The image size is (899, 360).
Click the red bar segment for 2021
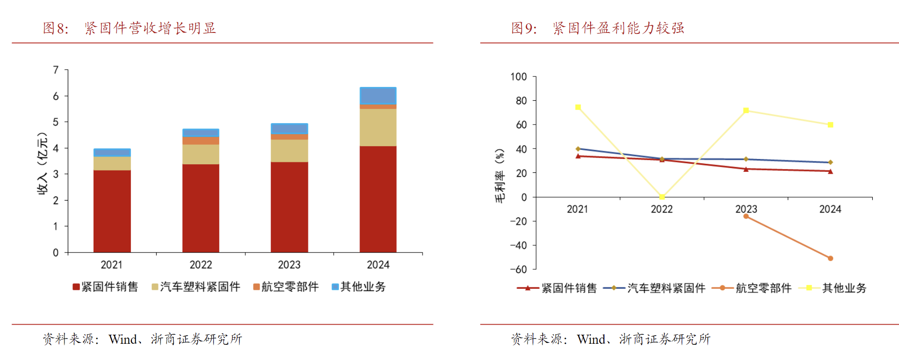(x=112, y=211)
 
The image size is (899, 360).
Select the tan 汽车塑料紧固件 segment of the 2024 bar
(x=378, y=127)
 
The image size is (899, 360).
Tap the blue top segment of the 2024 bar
(x=378, y=96)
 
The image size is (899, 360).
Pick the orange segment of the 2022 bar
(x=201, y=141)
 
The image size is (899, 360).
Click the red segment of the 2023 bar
(x=289, y=207)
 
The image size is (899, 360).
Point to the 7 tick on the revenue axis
(x=56, y=70)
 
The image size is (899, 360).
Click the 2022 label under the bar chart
(x=201, y=265)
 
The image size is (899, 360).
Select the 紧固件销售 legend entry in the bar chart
(x=105, y=286)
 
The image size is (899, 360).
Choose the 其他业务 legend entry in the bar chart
(x=359, y=286)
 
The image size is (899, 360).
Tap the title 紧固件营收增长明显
(x=150, y=28)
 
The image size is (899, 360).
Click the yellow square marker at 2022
(x=662, y=197)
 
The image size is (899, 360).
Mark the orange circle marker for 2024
(x=830, y=258)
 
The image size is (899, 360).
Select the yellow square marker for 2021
(x=578, y=107)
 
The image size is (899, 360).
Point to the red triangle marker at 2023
(x=746, y=169)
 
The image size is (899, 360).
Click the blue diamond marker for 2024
(x=830, y=162)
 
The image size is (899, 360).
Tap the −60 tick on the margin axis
(x=518, y=269)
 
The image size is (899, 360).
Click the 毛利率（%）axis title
(x=500, y=175)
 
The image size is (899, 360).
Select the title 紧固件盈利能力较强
(x=618, y=28)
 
